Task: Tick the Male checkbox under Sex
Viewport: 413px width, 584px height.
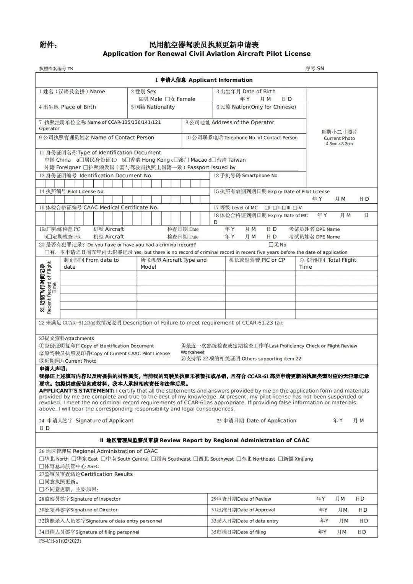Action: [x=141, y=99]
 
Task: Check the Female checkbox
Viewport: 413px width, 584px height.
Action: [x=167, y=99]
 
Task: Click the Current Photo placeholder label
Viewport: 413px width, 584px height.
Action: [x=339, y=138]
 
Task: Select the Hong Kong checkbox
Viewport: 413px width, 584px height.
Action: [x=127, y=160]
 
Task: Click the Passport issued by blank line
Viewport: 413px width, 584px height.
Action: [x=267, y=168]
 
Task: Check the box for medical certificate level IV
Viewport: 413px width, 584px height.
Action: [x=295, y=208]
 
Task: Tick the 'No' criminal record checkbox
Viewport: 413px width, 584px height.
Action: [x=271, y=245]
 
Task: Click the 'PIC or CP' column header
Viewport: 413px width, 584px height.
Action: [x=257, y=260]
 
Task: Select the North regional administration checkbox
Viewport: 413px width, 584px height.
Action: [x=42, y=459]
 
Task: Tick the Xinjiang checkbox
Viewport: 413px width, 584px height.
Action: [x=280, y=459]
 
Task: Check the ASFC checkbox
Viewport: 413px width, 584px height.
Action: [x=42, y=466]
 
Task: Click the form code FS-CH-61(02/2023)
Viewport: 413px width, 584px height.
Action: [x=60, y=541]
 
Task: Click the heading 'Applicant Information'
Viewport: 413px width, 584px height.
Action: [x=220, y=80]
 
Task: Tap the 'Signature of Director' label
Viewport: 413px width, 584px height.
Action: [x=94, y=510]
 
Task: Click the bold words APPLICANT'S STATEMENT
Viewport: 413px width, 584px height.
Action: [x=76, y=391]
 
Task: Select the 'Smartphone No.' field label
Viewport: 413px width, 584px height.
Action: [x=260, y=175]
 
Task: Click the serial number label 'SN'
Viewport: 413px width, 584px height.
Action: [x=320, y=68]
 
